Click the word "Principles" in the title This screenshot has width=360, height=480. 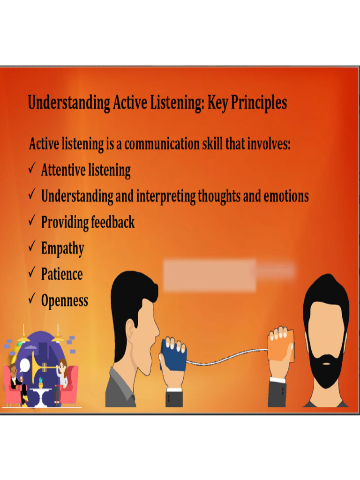pyautogui.click(x=258, y=103)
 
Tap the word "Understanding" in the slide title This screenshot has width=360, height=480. pyautogui.click(x=69, y=103)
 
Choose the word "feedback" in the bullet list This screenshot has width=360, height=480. pyautogui.click(x=112, y=222)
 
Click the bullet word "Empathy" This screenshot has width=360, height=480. pyautogui.click(x=62, y=248)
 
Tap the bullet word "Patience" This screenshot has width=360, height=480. pyautogui.click(x=61, y=274)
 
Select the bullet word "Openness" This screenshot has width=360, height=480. pyautogui.click(x=64, y=300)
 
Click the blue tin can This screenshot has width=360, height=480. pyautogui.click(x=173, y=354)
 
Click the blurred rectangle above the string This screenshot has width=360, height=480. pyautogui.click(x=210, y=275)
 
